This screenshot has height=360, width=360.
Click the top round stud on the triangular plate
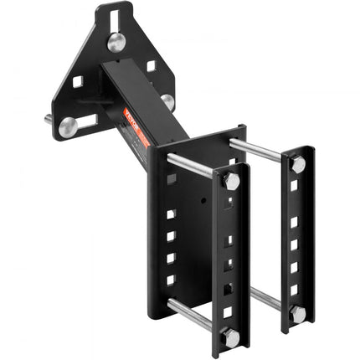[117, 42]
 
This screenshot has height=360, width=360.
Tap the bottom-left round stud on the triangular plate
[67, 127]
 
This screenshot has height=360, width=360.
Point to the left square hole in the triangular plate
[77, 82]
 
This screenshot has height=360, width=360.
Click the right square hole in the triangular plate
[151, 65]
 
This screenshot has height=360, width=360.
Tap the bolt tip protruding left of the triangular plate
[48, 119]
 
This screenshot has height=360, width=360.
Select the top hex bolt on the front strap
[230, 181]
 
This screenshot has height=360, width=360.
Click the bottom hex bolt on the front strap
[230, 336]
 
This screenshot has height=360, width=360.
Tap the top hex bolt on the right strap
[297, 165]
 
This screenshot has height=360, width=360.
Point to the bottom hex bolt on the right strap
[297, 314]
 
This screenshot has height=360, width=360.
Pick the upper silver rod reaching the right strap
[260, 151]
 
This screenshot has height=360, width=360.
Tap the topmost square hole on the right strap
[294, 186]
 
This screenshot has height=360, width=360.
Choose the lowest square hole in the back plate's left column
[171, 280]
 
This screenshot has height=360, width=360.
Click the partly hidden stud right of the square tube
[167, 102]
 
